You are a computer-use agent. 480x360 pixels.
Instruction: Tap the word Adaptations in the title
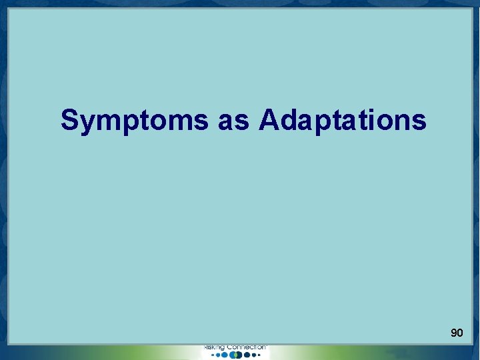click(x=343, y=121)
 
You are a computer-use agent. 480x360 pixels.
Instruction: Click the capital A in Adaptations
click(x=269, y=120)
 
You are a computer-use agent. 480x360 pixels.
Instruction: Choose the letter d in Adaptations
click(x=288, y=120)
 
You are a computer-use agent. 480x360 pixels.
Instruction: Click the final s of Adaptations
click(x=419, y=122)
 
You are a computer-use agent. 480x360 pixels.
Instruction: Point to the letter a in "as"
click(x=226, y=122)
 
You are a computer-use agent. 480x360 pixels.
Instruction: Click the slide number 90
click(x=457, y=332)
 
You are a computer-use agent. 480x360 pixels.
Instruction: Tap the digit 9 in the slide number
click(x=453, y=332)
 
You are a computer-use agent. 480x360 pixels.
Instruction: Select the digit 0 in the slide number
click(x=460, y=332)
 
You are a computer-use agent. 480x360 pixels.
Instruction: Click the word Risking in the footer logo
click(x=214, y=347)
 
